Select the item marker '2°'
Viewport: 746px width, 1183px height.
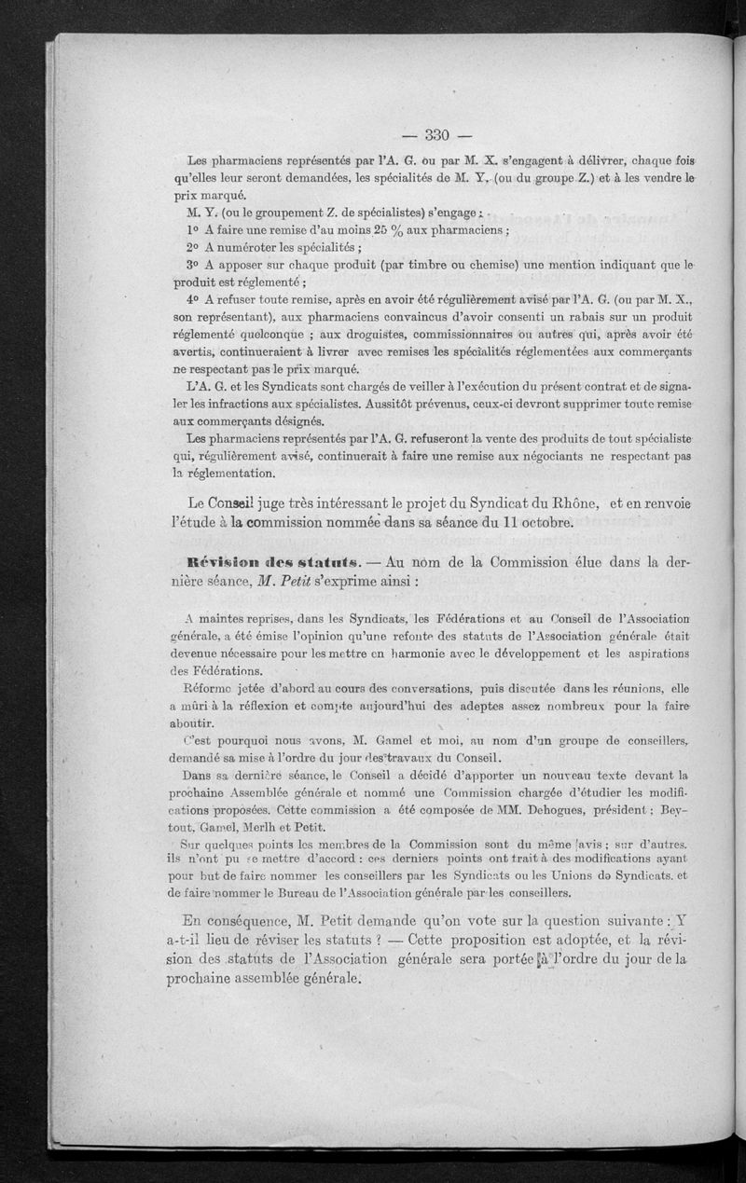(x=194, y=249)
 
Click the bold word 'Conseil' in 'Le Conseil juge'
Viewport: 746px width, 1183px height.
(x=228, y=503)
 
